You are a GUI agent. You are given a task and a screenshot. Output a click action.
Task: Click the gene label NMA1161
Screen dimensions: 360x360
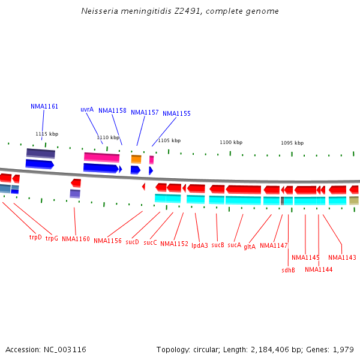[44, 106]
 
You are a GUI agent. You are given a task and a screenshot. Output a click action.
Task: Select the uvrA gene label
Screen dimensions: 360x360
[87, 109]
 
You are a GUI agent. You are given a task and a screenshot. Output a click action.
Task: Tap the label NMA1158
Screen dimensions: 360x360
[112, 110]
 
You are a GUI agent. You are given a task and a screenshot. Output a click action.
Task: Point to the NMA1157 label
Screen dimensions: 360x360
[145, 112]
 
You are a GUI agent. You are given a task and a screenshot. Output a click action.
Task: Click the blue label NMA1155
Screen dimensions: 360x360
[176, 113]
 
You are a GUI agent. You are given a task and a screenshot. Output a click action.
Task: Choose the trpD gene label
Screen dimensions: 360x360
[36, 237]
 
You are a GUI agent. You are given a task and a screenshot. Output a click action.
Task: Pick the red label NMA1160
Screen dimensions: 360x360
[76, 239]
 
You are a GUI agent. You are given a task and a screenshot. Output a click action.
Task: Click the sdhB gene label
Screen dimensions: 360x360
[289, 270]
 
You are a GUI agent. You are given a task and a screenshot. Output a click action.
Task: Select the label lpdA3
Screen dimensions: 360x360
[200, 245]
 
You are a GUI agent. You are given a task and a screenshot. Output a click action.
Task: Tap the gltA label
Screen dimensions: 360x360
[250, 246]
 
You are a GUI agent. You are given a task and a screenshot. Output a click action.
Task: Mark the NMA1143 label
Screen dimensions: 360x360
[342, 257]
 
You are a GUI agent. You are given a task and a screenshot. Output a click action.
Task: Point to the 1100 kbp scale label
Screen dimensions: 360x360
[230, 142]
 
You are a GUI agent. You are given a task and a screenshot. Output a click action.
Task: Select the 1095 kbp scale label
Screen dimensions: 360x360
[292, 143]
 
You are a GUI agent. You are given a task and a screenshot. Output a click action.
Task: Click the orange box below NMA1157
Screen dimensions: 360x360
[136, 159]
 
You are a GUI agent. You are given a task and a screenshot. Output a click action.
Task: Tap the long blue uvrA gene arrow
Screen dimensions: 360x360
[101, 168]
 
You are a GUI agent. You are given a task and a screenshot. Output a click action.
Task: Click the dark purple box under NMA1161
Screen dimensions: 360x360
[41, 153]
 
